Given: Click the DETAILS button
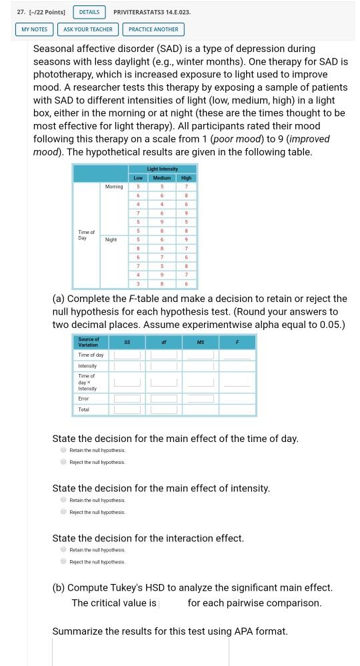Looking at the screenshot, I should click(89, 12).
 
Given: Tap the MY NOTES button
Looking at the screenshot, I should click(35, 29).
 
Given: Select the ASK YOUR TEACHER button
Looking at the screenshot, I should click(88, 29).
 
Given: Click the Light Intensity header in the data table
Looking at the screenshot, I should click(162, 169).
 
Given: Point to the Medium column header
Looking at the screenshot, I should click(162, 178).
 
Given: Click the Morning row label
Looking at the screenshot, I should click(113, 187).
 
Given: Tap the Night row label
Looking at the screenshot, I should click(111, 239).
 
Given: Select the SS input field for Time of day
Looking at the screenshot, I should click(127, 355).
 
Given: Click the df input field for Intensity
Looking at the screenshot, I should click(163, 366).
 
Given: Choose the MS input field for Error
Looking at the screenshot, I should click(200, 399).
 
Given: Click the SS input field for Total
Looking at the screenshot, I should click(127, 409).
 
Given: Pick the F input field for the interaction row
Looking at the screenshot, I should click(237, 382).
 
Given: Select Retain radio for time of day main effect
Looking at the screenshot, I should click(63, 450).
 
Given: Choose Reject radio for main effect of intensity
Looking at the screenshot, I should click(63, 512).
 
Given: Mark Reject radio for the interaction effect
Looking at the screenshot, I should click(63, 562).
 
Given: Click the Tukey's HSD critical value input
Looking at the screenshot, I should click(172, 603).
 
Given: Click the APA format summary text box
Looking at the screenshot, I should click(140, 652).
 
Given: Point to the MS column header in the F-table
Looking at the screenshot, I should click(200, 342).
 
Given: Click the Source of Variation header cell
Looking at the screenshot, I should click(89, 342).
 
